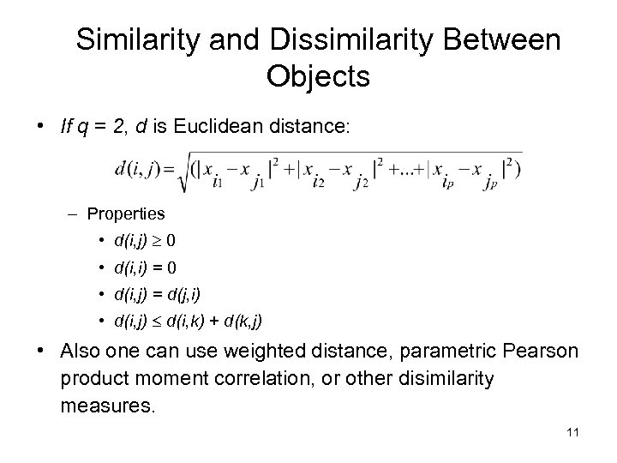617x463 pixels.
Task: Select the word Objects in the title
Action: click(x=318, y=76)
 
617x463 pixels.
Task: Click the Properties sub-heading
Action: click(x=127, y=211)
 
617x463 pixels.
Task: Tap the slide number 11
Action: click(x=573, y=431)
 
